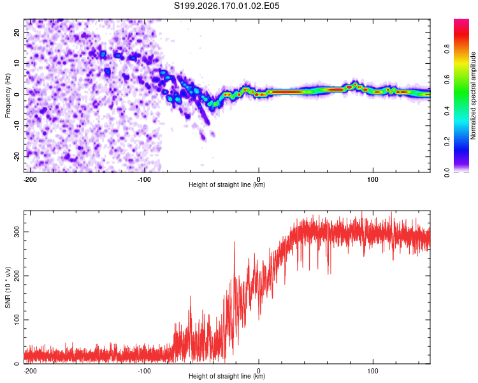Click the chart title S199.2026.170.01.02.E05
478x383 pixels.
click(x=226, y=6)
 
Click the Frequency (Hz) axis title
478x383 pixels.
click(x=8, y=96)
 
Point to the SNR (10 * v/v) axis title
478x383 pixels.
click(x=8, y=287)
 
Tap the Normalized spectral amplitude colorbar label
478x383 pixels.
click(x=473, y=96)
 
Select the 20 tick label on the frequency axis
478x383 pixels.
click(x=17, y=33)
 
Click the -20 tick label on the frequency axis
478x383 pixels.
click(x=17, y=157)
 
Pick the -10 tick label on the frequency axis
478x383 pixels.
click(x=17, y=126)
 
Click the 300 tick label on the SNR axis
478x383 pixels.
click(x=17, y=232)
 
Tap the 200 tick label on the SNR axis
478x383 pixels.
click(x=17, y=276)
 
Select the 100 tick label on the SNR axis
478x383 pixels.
click(x=17, y=320)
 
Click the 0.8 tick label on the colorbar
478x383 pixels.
click(x=447, y=49)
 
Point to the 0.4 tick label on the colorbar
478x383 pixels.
click(x=447, y=111)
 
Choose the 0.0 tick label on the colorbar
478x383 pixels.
click(x=447, y=173)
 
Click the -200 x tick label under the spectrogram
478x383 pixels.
click(x=30, y=179)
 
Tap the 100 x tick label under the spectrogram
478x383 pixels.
click(x=373, y=179)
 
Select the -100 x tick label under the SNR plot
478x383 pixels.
click(x=144, y=371)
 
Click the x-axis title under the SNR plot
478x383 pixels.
click(x=227, y=376)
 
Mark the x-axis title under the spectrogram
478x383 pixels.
click(x=227, y=184)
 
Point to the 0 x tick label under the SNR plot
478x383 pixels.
click(x=259, y=371)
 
